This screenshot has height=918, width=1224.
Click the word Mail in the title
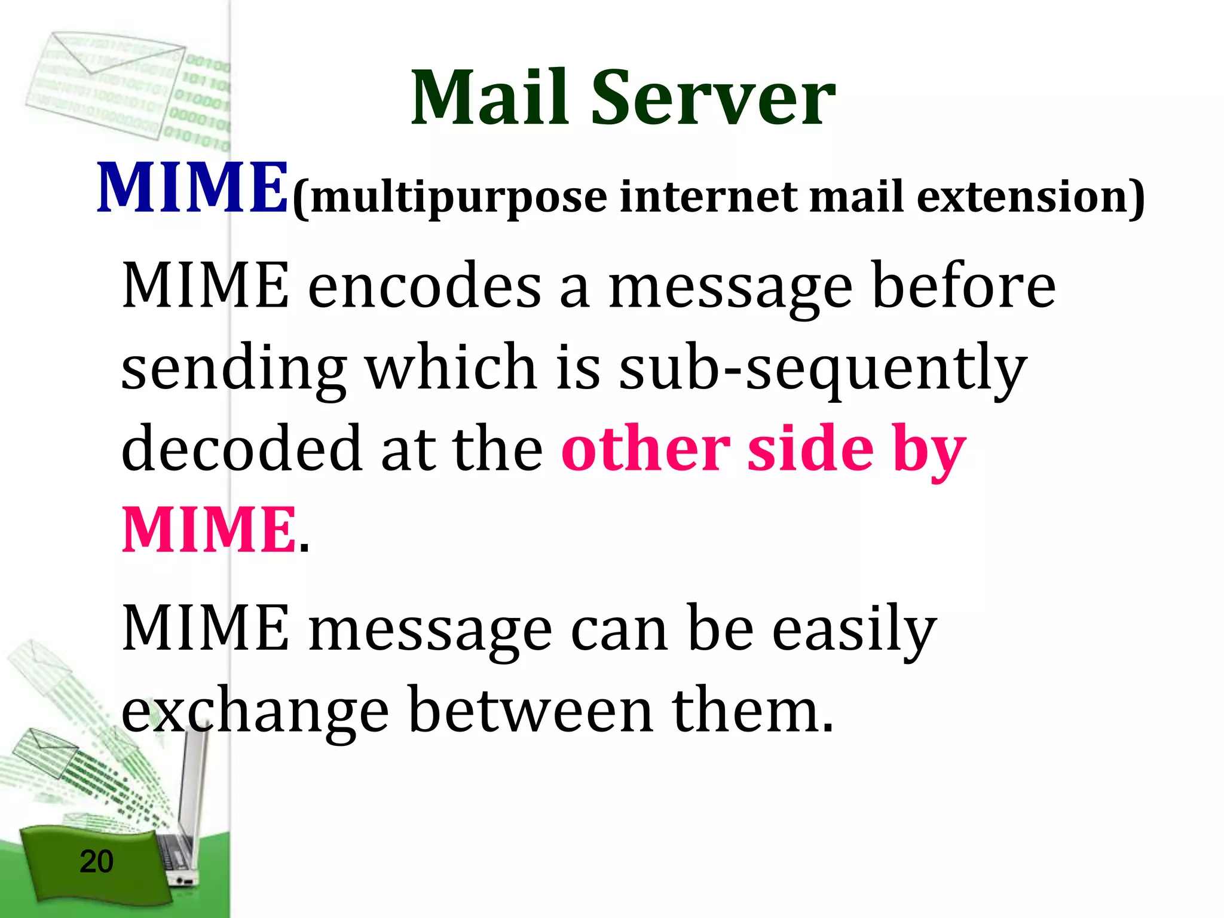pos(489,99)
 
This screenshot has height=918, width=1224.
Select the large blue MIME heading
pos(192,188)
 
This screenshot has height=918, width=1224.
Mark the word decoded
pos(241,448)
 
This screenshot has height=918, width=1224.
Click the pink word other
pos(645,448)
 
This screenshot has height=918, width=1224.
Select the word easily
pos(855,631)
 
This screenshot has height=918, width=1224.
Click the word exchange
pos(256,711)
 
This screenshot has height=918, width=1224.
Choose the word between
pos(532,711)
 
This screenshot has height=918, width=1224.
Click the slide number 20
pos(96,861)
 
